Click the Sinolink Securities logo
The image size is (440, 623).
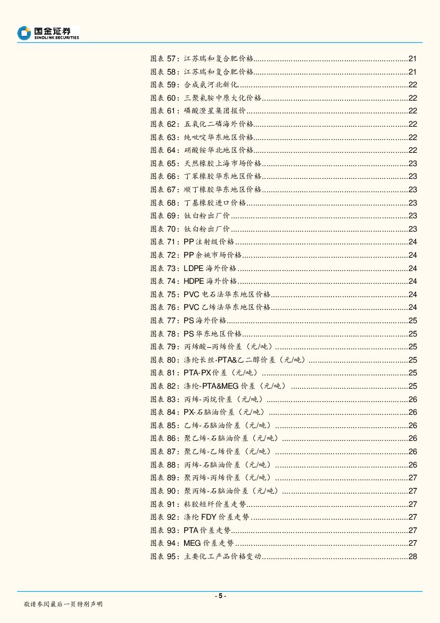(x=48, y=33)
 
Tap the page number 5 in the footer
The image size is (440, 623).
(x=220, y=596)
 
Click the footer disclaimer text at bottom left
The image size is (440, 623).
(x=63, y=604)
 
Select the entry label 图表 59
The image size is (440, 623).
(x=165, y=85)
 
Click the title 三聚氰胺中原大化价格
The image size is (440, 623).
(x=222, y=98)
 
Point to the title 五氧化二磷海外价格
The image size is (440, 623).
(x=219, y=124)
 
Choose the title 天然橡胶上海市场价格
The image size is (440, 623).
(x=222, y=163)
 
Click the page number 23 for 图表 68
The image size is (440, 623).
(x=412, y=203)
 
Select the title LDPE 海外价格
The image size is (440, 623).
(x=210, y=268)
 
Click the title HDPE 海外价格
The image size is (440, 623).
(x=210, y=281)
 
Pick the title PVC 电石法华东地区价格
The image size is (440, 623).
(x=227, y=294)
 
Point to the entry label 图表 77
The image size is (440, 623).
(x=165, y=321)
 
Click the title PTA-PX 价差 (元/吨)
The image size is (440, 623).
(x=220, y=373)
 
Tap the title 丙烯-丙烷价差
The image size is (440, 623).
(x=223, y=399)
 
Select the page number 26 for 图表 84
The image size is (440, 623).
(x=412, y=412)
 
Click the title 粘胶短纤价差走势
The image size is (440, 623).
(x=215, y=504)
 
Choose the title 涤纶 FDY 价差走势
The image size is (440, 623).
(x=216, y=517)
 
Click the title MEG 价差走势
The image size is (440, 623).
(x=209, y=543)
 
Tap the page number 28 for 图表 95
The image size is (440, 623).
(x=412, y=556)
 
